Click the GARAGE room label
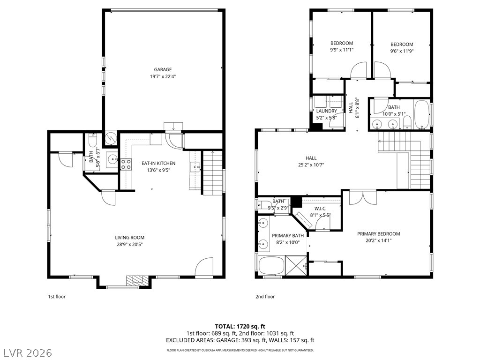pos(163,69)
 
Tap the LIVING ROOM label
pos(129,238)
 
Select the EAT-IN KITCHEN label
pos(158,163)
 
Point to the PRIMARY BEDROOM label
pos(378,234)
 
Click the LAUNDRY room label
pos(326,111)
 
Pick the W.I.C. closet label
pos(320,209)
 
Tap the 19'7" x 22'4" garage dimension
pos(163,76)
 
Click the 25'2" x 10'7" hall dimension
pos(311,165)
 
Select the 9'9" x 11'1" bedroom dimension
pos(342,50)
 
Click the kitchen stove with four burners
pos(126,164)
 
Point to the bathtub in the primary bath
pos(271,266)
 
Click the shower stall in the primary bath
pos(296,266)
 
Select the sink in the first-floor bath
pos(112,159)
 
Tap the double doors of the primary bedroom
pos(363,197)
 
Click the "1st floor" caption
pos(57,297)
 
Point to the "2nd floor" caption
pos(265,297)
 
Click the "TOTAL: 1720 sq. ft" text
pos(240,326)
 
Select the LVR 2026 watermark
pos(27,353)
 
